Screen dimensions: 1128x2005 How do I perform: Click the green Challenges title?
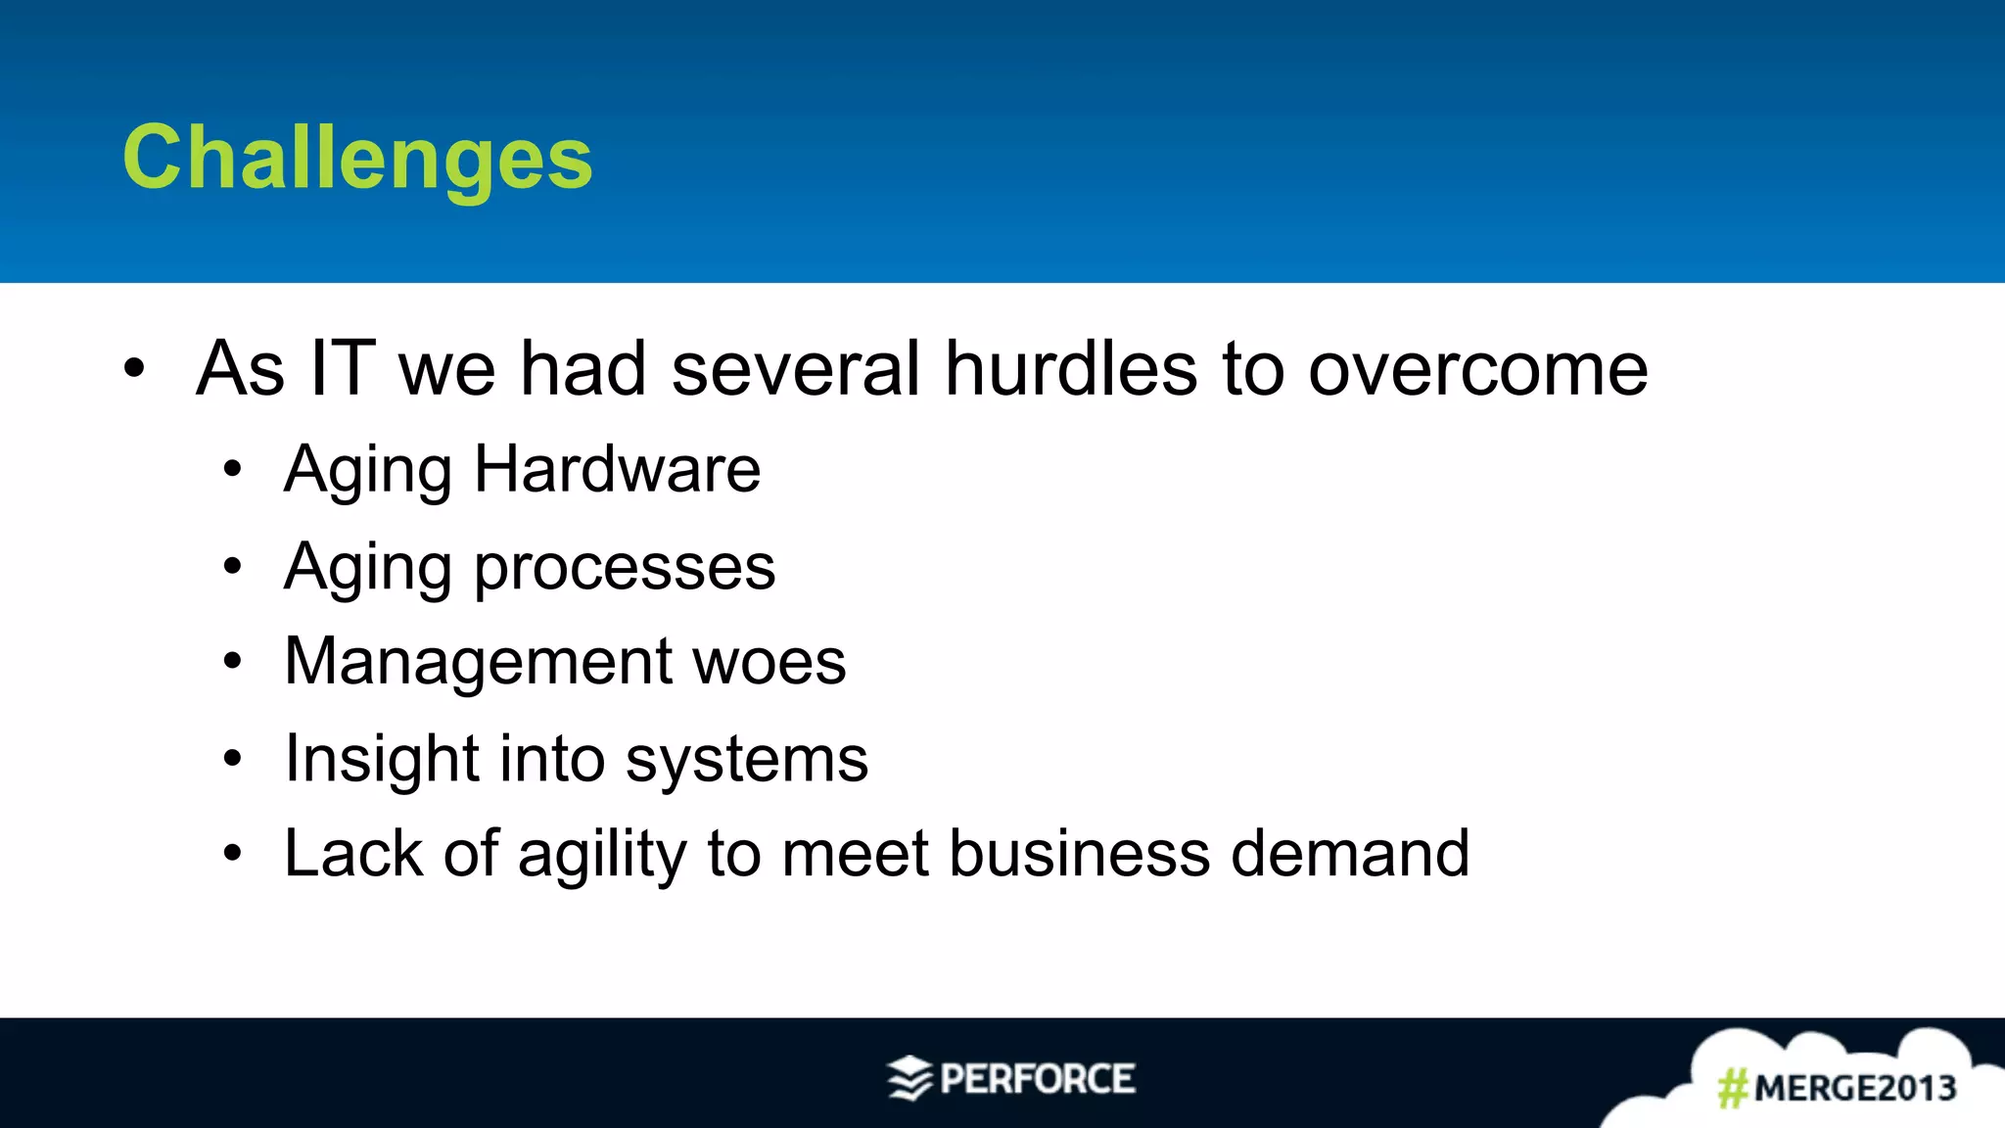(357, 158)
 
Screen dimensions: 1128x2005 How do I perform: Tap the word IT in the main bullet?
(342, 368)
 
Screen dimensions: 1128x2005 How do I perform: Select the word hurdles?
(1071, 368)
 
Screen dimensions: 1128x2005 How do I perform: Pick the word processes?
(625, 568)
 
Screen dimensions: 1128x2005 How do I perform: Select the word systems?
(746, 760)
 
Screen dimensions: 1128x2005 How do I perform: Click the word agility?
(602, 854)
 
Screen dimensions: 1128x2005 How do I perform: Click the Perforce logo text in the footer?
(1037, 1079)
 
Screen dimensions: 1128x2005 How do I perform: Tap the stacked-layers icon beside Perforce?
(909, 1078)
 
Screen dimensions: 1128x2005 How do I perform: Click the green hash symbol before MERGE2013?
(1732, 1088)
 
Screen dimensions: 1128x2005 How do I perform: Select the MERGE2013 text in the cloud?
(1854, 1088)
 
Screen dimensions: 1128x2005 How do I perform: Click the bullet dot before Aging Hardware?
(232, 469)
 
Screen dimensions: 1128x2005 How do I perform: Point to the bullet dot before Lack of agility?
(232, 853)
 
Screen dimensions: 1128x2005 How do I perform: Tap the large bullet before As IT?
(134, 369)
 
